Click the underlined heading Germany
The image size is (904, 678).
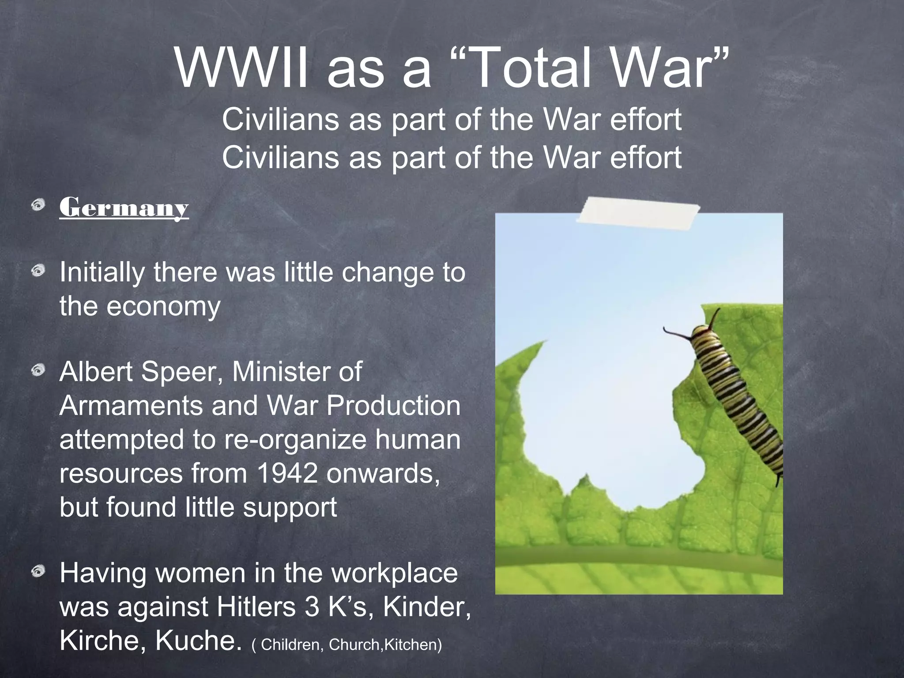coord(124,207)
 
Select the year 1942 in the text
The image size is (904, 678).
coord(287,474)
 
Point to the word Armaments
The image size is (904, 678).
coord(132,406)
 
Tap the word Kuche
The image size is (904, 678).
coord(199,640)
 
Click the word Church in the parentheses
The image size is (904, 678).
coord(355,645)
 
